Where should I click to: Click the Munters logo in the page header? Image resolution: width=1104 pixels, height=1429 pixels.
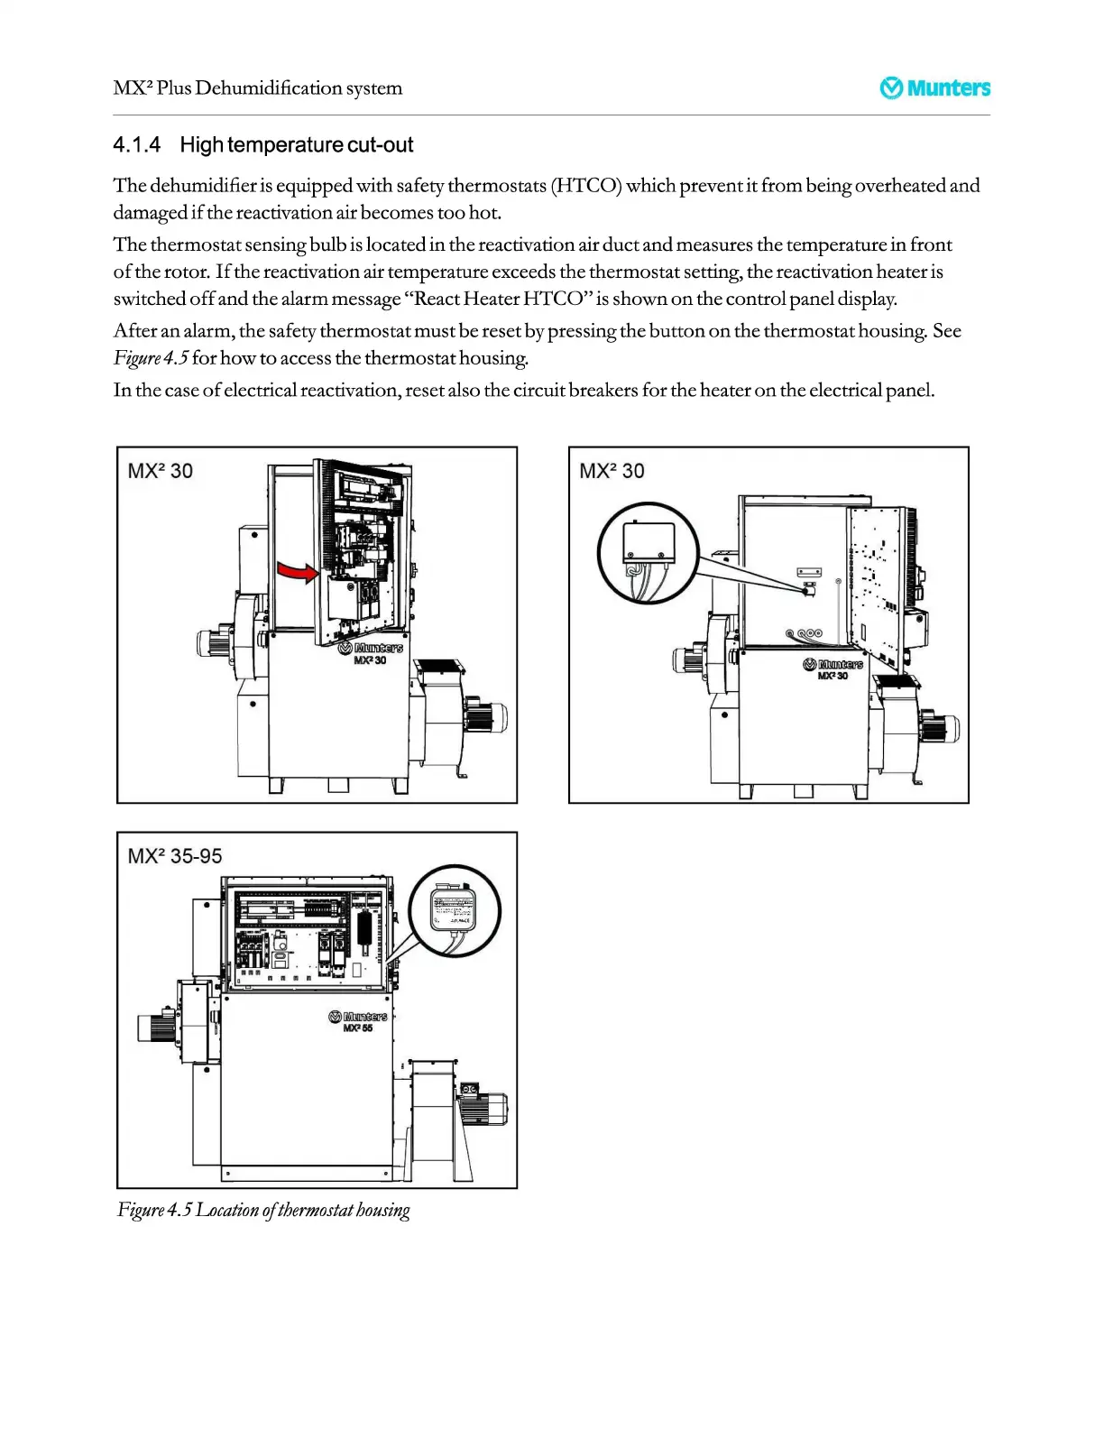934,88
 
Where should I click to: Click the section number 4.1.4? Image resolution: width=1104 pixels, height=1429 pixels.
137,145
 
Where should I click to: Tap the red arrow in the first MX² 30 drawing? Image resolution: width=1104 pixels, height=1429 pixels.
297,572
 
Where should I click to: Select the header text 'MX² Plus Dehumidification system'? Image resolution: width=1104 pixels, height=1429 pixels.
258,88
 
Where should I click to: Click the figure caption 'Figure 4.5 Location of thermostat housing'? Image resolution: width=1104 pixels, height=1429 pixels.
263,1210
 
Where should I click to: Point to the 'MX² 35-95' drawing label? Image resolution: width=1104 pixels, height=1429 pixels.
175,856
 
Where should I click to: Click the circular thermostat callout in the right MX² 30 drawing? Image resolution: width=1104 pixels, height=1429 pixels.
648,553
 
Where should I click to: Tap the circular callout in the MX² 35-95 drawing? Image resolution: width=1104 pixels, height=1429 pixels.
454,911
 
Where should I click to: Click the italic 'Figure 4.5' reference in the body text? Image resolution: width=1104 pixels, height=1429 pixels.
151,358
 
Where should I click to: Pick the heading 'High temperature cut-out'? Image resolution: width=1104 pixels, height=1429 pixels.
296,145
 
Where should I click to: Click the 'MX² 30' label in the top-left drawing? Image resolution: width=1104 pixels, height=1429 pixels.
161,471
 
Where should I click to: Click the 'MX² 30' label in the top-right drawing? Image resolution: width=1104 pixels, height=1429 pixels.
612,471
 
